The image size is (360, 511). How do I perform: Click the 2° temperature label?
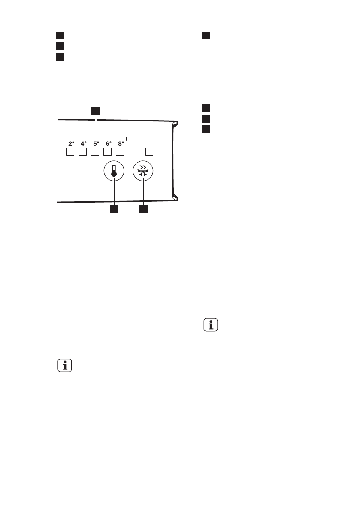point(71,144)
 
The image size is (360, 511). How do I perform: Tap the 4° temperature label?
point(84,144)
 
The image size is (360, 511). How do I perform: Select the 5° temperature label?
point(96,144)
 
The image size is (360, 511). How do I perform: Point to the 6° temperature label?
point(109,144)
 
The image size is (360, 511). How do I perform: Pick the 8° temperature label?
point(121,144)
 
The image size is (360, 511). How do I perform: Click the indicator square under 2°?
point(70,152)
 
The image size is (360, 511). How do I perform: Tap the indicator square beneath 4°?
point(83,152)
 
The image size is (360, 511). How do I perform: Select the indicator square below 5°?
point(95,152)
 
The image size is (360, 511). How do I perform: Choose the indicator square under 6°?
point(108,152)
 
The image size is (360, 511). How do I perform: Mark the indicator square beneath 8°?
point(120,152)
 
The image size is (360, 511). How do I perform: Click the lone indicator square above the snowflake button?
point(149,151)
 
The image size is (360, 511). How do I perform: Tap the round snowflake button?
point(143,172)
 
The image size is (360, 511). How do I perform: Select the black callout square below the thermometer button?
point(114,210)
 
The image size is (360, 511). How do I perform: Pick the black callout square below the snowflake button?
point(143,210)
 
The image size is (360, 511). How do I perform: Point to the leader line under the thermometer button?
point(114,194)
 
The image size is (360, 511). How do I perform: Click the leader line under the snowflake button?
point(143,194)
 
